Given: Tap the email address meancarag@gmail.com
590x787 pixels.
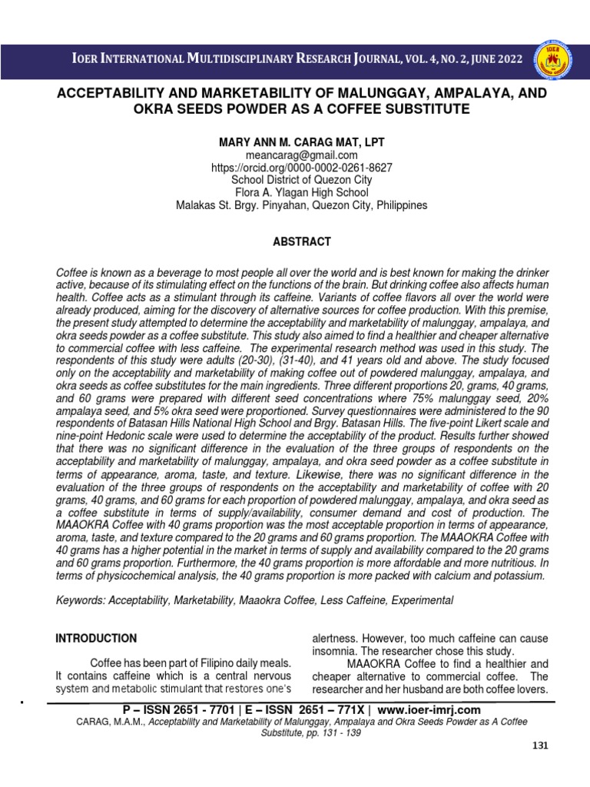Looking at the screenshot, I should [301, 154].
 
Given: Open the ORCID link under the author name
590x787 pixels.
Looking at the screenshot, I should [301, 168].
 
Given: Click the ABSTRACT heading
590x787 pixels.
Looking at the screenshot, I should [302, 241].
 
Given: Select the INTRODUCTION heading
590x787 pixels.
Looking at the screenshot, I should [96, 638].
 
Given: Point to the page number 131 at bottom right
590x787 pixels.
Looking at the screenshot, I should [542, 747].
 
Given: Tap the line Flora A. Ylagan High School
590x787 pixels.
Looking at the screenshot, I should [302, 193].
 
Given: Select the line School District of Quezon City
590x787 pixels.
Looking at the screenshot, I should [302, 180].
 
